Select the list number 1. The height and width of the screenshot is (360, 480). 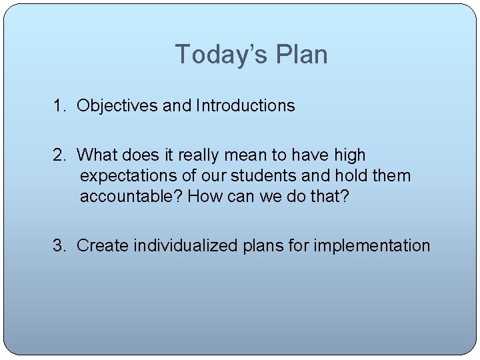pyautogui.click(x=59, y=105)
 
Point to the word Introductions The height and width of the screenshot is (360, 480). pyautogui.click(x=245, y=105)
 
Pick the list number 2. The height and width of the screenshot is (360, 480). pyautogui.click(x=59, y=155)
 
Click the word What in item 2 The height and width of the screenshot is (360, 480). pyautogui.click(x=96, y=155)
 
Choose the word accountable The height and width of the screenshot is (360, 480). pyautogui.click(x=131, y=197)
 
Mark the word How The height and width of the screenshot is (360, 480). pyautogui.click(x=204, y=197)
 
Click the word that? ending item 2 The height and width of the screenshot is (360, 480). pyautogui.click(x=329, y=197)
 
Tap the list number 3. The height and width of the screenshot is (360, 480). pyautogui.click(x=59, y=246)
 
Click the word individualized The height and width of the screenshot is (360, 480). pyautogui.click(x=185, y=246)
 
